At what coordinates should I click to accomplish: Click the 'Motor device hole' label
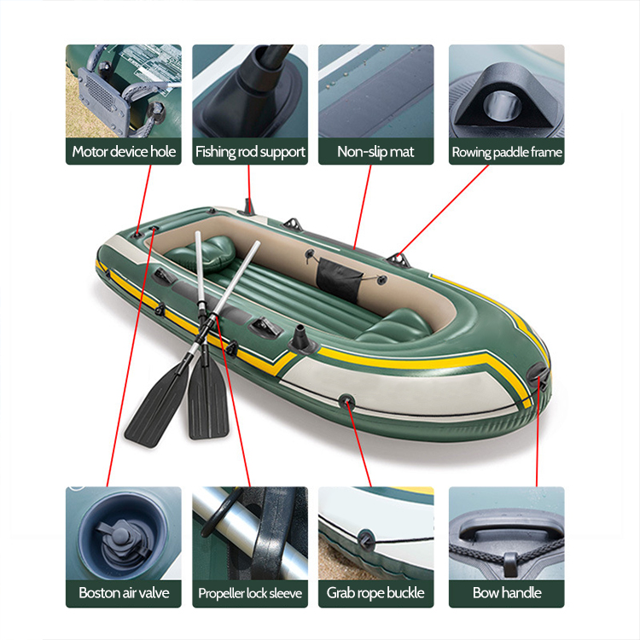click(124, 152)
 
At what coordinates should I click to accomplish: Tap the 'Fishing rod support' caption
click(250, 152)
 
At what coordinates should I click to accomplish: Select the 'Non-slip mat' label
click(375, 152)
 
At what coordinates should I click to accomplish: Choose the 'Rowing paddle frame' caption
click(507, 153)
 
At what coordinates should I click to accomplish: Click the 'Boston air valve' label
click(124, 592)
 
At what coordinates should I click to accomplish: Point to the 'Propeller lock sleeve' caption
click(250, 593)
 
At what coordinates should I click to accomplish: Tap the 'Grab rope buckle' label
click(375, 592)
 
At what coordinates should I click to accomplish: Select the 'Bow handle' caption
click(507, 592)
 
